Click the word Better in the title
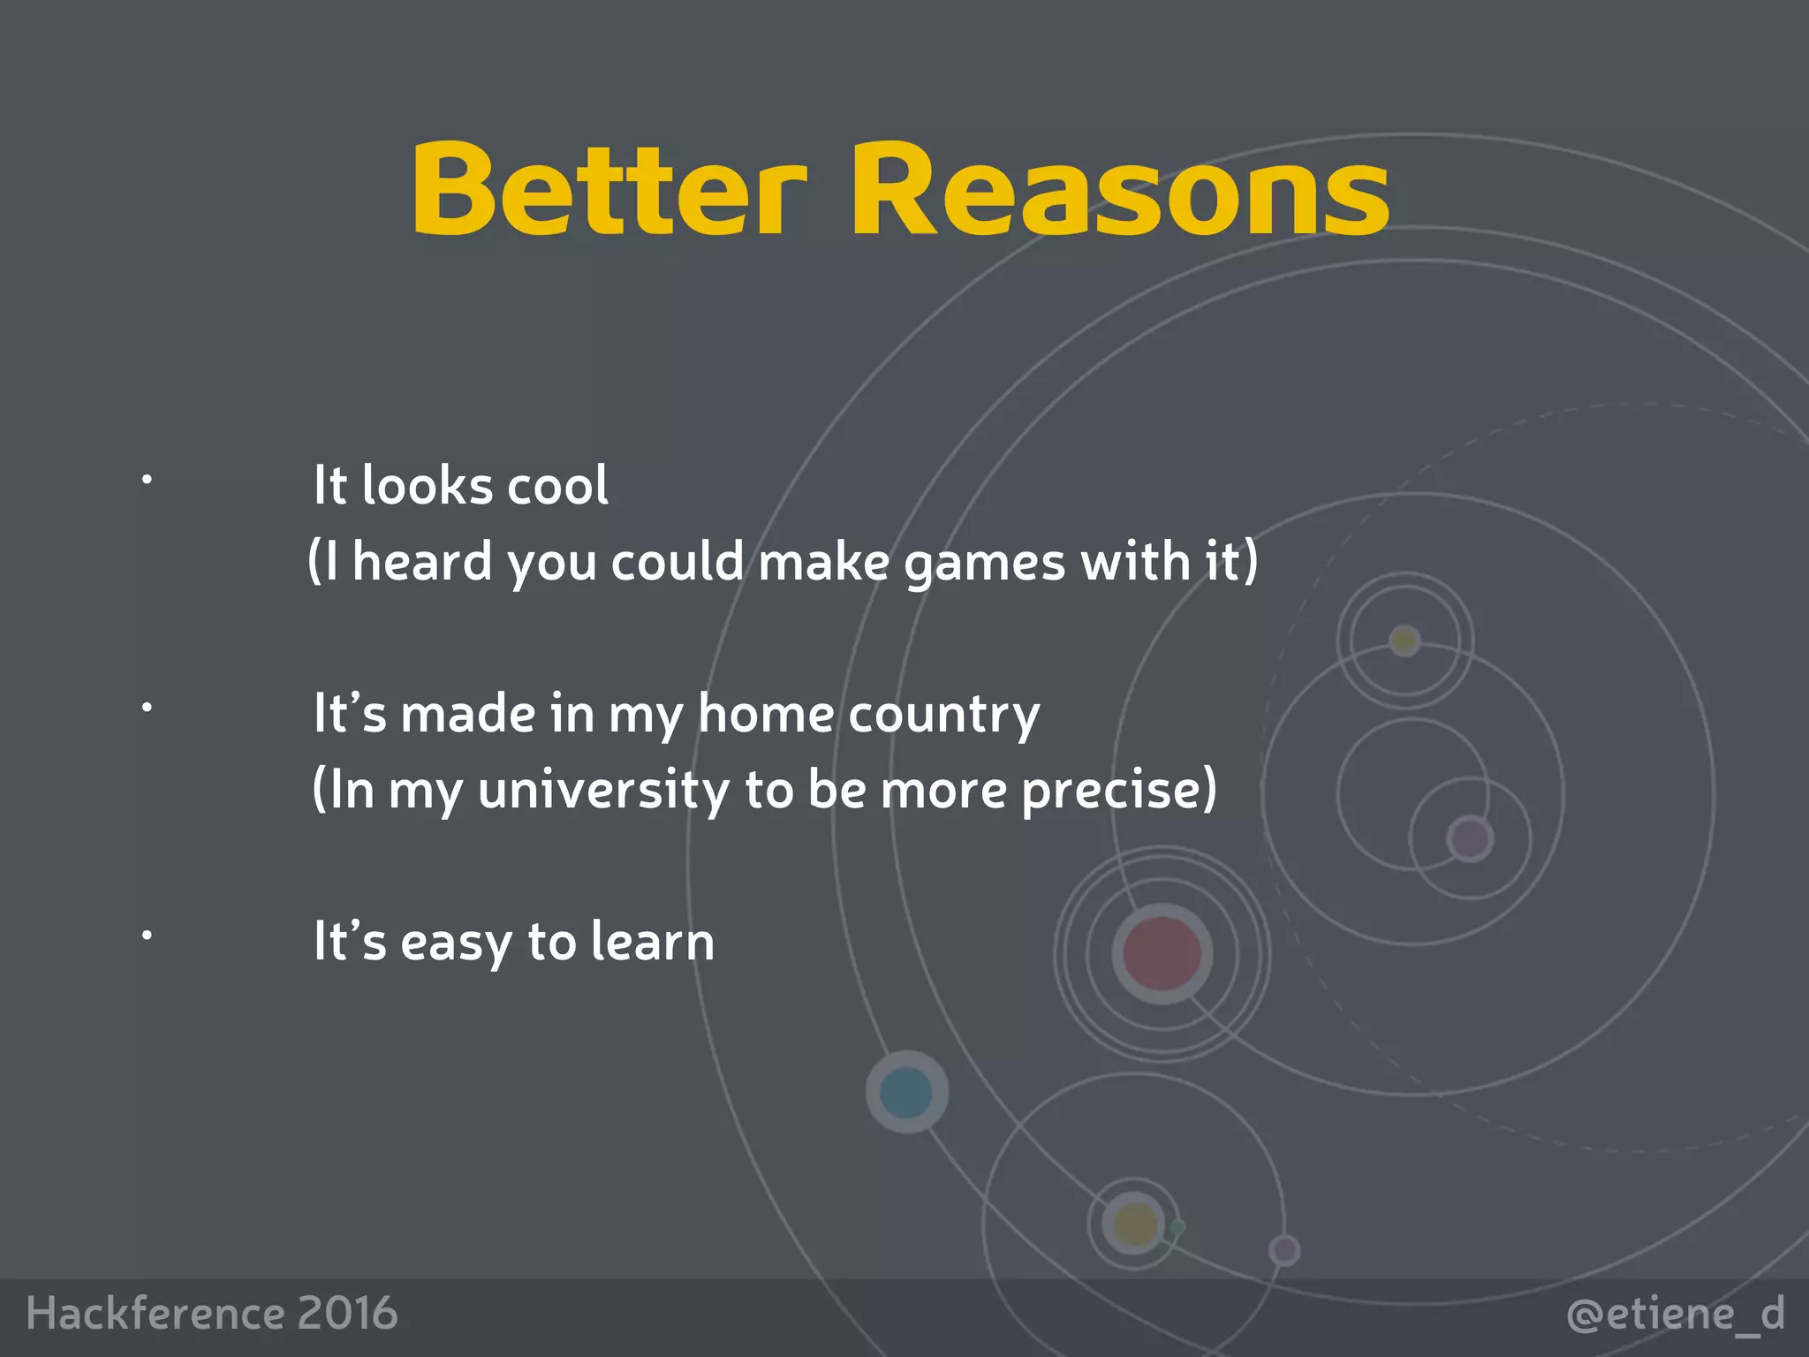(609, 190)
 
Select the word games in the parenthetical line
(984, 564)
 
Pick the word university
(603, 790)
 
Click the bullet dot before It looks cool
(148, 480)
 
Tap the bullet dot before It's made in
(148, 707)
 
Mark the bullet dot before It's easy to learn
(148, 934)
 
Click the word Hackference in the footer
(155, 1313)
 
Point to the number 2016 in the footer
(347, 1313)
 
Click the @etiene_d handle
(1676, 1315)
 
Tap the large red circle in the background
(1162, 953)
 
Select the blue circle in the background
(906, 1092)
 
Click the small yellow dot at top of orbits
(1404, 640)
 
